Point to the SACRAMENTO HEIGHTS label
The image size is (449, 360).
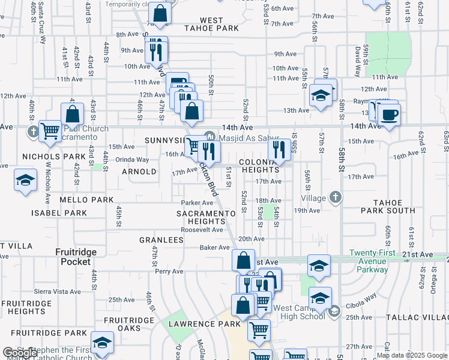tap(206, 218)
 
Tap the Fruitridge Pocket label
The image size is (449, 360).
tap(76, 257)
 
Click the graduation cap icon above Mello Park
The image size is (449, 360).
tap(25, 180)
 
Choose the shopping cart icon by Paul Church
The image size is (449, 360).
tap(50, 130)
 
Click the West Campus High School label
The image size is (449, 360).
tap(299, 313)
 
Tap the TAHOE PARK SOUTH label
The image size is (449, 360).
tap(388, 206)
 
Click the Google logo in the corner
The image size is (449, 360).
tap(18, 353)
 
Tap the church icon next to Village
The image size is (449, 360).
tap(335, 197)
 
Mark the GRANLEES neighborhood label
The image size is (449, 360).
tap(161, 240)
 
